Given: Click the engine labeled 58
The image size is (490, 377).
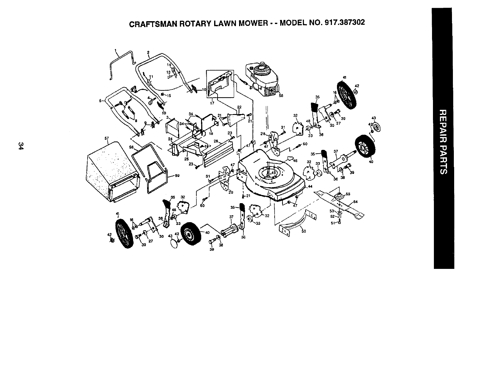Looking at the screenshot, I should (263, 79).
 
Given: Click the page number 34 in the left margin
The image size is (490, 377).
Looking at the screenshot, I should (21, 146).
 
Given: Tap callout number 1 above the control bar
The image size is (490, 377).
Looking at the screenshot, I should (115, 50).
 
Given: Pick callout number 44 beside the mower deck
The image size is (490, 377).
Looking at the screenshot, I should (310, 186).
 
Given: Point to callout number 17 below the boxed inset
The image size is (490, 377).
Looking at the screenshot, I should (212, 103).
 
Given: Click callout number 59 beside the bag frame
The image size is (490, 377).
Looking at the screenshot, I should (177, 175).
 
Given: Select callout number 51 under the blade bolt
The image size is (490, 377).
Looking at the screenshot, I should (332, 222).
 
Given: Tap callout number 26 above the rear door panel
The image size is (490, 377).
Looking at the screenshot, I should (216, 141).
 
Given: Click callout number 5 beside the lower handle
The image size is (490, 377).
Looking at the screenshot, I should (100, 100).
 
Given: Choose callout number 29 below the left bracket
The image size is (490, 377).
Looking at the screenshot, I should (231, 193).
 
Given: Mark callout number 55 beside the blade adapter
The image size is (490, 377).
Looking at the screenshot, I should (348, 194).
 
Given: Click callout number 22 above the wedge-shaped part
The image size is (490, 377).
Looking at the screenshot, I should (239, 107).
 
